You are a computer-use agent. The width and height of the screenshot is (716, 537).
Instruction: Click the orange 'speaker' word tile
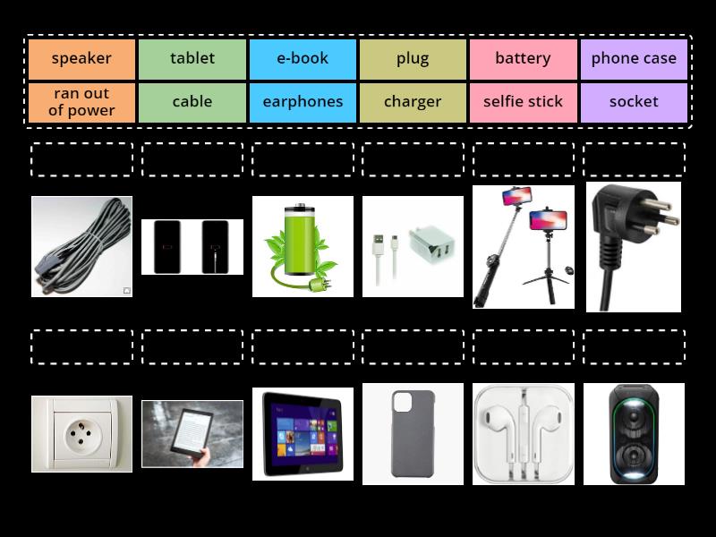click(x=81, y=59)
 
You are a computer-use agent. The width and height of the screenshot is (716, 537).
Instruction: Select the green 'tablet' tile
click(x=192, y=59)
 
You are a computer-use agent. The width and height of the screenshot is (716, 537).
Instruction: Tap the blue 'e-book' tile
click(x=303, y=59)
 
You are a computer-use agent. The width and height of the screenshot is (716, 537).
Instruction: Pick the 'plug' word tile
click(x=413, y=59)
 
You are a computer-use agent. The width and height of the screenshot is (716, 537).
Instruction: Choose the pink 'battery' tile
click(x=524, y=59)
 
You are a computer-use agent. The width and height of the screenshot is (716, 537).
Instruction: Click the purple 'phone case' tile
click(x=634, y=59)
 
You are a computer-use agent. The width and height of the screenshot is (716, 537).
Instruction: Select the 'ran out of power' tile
click(x=81, y=102)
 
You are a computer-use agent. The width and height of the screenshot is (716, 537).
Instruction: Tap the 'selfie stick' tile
click(x=524, y=102)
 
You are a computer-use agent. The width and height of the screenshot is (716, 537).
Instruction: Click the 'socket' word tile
click(x=634, y=102)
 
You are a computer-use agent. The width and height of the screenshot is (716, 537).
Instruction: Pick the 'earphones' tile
click(x=303, y=102)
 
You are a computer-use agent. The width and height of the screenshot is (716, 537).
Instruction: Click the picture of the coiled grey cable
click(x=81, y=247)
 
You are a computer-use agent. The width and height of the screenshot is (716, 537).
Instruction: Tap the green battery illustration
click(x=303, y=247)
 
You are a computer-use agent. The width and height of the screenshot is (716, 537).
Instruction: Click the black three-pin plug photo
click(x=634, y=247)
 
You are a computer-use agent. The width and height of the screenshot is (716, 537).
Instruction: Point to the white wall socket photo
click(x=81, y=434)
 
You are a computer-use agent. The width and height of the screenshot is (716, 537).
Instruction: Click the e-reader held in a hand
click(x=192, y=434)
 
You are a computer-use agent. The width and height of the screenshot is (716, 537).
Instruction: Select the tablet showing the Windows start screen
click(x=303, y=434)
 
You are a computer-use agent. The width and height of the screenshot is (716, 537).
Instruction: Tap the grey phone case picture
click(x=413, y=434)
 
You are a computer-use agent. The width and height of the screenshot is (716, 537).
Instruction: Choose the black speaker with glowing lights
click(x=634, y=434)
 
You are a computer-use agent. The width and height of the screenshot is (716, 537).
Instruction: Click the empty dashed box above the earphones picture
click(x=524, y=346)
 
